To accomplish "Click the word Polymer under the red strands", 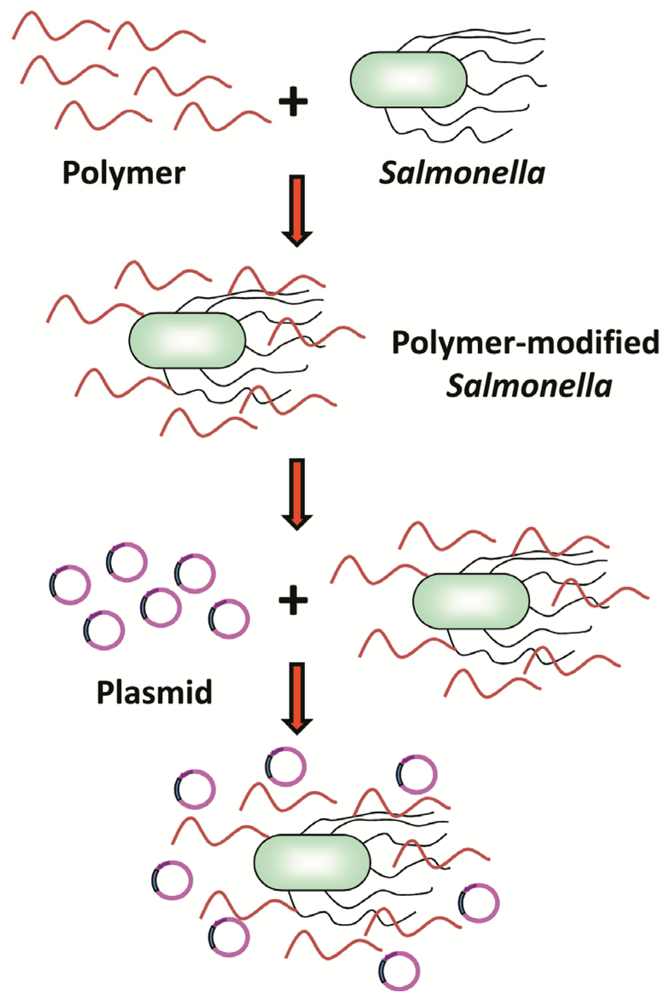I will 124,173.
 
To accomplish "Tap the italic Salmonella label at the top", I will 462,173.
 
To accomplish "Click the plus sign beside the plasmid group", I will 293,600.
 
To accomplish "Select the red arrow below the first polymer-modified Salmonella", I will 296,493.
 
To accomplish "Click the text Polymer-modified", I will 525,343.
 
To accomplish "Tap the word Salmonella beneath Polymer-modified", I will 529,386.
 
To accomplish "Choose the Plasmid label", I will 154,692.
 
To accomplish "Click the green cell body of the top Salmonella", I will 408,79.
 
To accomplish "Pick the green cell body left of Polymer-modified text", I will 187,340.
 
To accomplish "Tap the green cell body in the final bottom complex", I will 312,862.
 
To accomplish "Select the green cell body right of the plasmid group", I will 471,601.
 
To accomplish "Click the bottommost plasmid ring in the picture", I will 399,971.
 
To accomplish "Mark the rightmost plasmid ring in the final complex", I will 479,903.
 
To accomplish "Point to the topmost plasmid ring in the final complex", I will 285,767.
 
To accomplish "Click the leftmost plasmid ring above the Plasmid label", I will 70,585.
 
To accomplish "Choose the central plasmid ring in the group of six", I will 161,607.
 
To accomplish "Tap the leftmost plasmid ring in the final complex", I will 173,880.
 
